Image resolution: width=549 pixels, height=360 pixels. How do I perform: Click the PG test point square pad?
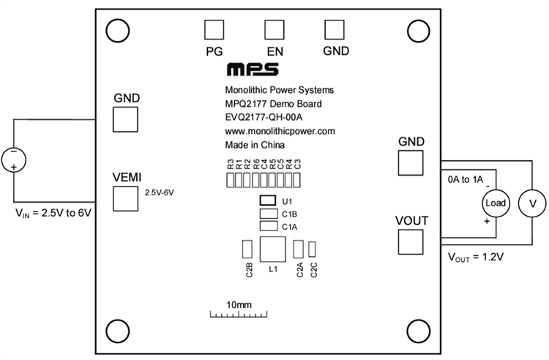point(214,29)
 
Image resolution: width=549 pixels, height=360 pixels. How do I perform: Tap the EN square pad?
point(274,29)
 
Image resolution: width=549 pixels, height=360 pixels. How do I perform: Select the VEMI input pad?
point(125,198)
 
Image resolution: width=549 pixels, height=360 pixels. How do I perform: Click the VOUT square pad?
point(411,242)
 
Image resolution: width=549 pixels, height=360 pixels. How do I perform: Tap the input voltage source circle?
point(14,157)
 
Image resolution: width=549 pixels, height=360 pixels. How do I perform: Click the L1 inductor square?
point(273,250)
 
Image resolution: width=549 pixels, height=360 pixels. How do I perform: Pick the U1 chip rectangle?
point(268,200)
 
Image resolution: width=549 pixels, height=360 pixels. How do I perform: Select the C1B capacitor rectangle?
point(267,214)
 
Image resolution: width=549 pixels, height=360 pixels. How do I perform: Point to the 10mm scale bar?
point(239,314)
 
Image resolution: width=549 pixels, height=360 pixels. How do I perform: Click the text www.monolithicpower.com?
point(279,131)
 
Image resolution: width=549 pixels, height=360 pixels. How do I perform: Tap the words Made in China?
point(253,145)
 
